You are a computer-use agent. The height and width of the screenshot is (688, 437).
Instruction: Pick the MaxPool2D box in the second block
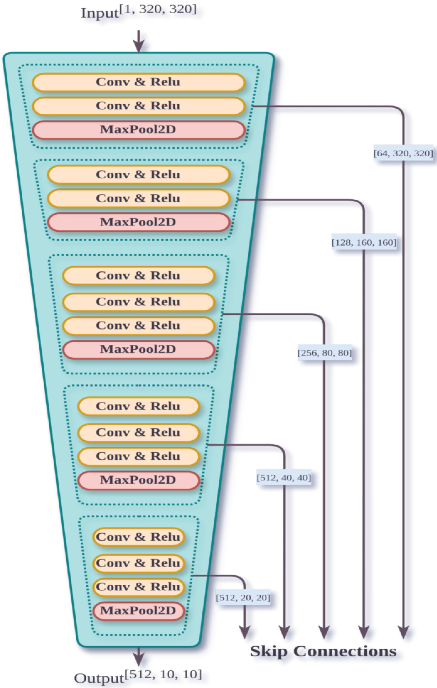point(138,222)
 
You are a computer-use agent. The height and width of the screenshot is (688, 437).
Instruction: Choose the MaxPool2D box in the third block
point(138,349)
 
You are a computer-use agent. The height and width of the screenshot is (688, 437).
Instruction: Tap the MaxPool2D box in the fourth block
point(138,480)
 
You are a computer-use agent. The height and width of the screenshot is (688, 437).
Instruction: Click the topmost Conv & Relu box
point(138,82)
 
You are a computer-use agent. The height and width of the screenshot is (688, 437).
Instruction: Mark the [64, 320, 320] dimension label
point(403,154)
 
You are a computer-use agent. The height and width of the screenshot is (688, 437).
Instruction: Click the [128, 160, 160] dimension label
point(364,243)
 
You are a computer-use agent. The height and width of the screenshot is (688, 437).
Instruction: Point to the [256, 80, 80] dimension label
point(325,353)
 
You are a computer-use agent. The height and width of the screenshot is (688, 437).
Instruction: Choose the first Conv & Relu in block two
point(138,174)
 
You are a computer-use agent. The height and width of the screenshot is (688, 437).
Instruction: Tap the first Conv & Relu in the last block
point(138,537)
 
